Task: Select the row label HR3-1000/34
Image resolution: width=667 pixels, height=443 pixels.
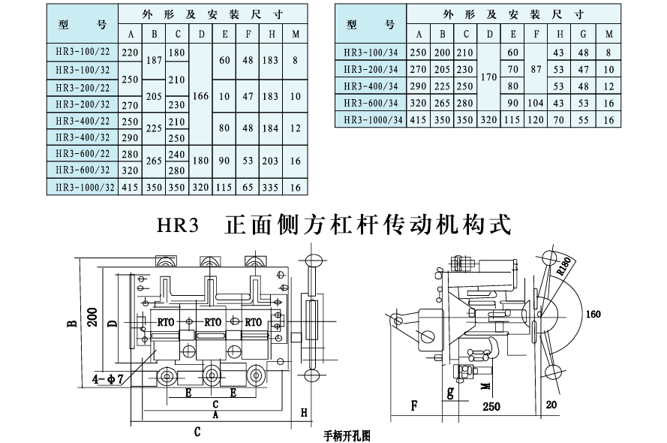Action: tap(372, 119)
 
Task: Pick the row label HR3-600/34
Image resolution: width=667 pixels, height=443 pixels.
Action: tap(372, 103)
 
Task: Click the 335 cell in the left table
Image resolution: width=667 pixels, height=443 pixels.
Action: tap(271, 188)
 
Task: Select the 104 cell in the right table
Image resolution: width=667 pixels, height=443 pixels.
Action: tap(536, 103)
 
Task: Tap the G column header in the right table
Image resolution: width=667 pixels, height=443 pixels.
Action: tap(583, 35)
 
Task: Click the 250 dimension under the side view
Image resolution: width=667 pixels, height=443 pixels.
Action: tap(491, 407)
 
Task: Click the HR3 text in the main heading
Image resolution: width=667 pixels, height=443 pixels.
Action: tap(176, 225)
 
